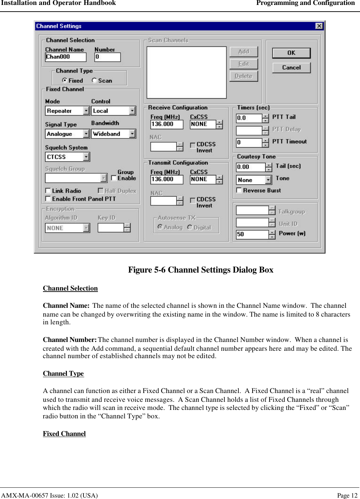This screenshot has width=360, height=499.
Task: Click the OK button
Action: pos(291,53)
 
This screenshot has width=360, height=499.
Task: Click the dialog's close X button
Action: pos(319,26)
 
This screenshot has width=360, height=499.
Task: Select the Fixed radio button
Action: pos(64,80)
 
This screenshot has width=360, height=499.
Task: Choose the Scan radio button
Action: pos(94,80)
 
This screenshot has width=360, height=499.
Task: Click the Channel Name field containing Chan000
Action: pos(66,57)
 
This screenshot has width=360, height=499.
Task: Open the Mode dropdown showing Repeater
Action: pos(86,111)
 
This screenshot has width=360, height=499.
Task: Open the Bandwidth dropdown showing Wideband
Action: pos(132,134)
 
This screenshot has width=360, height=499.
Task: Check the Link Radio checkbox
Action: pos(48,191)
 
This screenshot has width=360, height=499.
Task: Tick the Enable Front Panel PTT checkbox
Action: pos(48,199)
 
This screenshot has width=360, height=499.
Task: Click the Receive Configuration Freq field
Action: pos(166,124)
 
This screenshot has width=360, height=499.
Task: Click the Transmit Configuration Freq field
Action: pos(166,179)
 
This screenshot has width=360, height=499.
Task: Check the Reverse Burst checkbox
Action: pos(239,190)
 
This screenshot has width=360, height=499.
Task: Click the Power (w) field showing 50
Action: pos(252,234)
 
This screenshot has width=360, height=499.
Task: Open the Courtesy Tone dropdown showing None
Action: pos(268,180)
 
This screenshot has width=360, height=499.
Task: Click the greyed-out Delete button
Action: pos(243,76)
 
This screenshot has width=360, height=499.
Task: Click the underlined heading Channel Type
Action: pos(63,373)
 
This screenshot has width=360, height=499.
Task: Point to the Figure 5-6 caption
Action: pos(200,270)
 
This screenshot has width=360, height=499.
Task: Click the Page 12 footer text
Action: pos(347,495)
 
